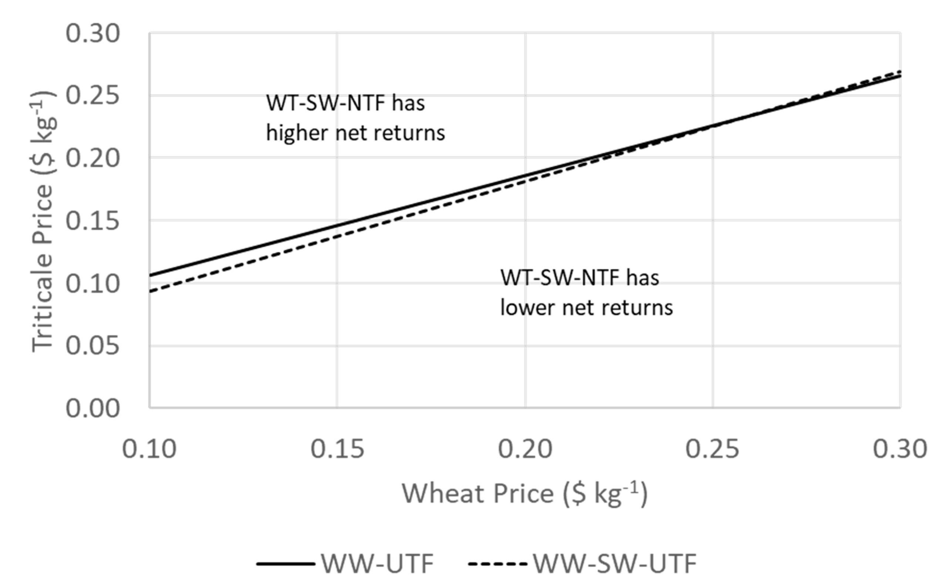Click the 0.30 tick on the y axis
(x=92, y=34)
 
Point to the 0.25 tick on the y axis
(x=92, y=95)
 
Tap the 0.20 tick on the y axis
(x=92, y=158)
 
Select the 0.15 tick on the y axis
(x=92, y=221)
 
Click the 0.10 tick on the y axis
(x=92, y=283)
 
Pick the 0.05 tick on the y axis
(x=92, y=346)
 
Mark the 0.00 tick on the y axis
(x=92, y=408)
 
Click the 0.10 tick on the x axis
(x=149, y=449)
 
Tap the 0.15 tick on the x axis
(x=337, y=449)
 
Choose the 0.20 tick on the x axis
(x=525, y=449)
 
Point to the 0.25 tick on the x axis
(x=713, y=449)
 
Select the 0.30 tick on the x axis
(x=900, y=449)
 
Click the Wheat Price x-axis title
(x=525, y=494)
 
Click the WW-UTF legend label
(x=377, y=564)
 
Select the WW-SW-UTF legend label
(x=615, y=564)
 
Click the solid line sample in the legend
(x=285, y=564)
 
